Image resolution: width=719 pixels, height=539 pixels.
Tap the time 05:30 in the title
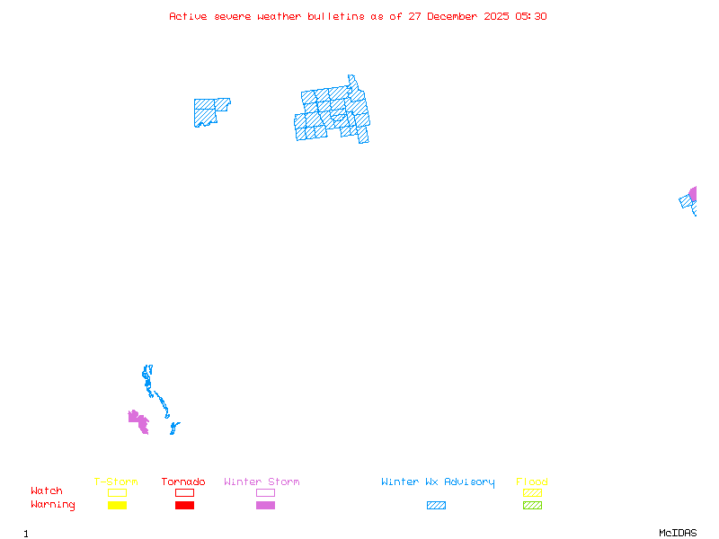coord(530,16)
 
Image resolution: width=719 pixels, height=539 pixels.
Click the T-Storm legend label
coord(116,482)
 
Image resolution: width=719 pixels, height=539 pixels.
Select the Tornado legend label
coord(183,482)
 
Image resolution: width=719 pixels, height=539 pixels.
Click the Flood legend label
coord(532,482)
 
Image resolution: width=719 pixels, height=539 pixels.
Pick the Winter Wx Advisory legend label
coord(438,482)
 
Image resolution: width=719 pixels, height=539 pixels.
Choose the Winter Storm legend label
coord(262,482)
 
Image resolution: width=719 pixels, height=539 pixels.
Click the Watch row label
coord(47,491)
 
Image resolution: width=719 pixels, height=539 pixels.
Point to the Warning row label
coord(53,505)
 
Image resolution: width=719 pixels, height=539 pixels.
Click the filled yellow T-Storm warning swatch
coord(117,506)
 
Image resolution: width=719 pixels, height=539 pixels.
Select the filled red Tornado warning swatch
coord(184,506)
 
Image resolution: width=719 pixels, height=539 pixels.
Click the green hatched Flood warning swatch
coord(532,506)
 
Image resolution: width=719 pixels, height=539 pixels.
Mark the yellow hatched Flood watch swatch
coord(532,492)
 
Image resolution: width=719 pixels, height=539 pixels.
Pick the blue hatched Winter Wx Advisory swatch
coord(436,506)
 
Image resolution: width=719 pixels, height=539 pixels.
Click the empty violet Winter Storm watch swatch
coord(265,492)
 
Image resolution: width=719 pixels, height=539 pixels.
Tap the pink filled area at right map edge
coord(693,193)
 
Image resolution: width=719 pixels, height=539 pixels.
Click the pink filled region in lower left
coord(138,420)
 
